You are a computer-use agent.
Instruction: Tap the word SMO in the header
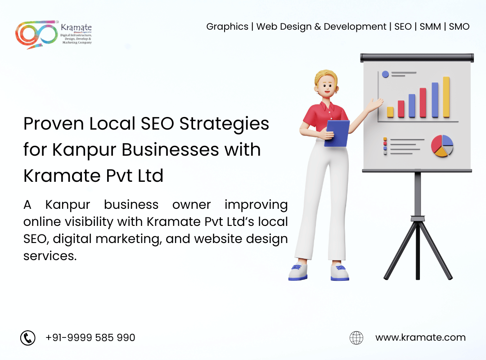pyautogui.click(x=459, y=27)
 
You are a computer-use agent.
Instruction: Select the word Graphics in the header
pyautogui.click(x=227, y=27)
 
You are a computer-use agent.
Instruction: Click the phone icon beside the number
pyautogui.click(x=28, y=337)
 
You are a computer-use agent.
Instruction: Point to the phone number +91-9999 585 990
pyautogui.click(x=90, y=337)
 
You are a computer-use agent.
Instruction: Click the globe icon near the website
pyautogui.click(x=356, y=337)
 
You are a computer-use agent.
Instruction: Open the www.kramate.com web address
pyautogui.click(x=420, y=337)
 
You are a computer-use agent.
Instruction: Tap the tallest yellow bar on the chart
pyautogui.click(x=446, y=97)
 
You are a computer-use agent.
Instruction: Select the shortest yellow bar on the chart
pyautogui.click(x=390, y=112)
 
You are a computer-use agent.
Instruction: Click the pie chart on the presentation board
pyautogui.click(x=442, y=146)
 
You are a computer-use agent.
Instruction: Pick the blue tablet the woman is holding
pyautogui.click(x=337, y=133)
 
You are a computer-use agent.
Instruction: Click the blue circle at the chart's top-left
pyautogui.click(x=385, y=74)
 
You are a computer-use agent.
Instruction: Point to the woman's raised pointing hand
pyautogui.click(x=375, y=104)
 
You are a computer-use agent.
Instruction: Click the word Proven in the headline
pyautogui.click(x=54, y=124)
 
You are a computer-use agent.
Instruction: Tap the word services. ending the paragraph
pyautogui.click(x=50, y=256)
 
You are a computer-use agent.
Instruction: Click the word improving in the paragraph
pyautogui.click(x=256, y=205)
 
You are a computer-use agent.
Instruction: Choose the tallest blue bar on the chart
pyautogui.click(x=435, y=100)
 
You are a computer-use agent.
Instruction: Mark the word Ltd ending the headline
pyautogui.click(x=150, y=175)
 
